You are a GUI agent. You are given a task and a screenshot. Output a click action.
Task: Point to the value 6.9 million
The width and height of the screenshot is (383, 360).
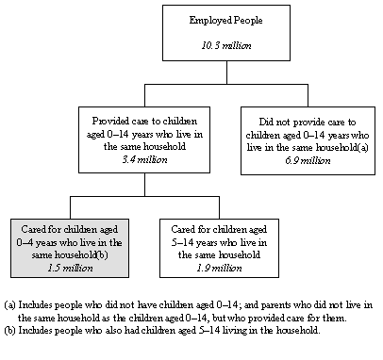pos(309,160)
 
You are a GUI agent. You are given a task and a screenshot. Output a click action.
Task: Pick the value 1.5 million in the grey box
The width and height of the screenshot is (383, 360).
pos(64,269)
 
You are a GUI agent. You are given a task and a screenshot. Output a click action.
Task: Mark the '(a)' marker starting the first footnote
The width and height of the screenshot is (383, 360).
pos(10,303)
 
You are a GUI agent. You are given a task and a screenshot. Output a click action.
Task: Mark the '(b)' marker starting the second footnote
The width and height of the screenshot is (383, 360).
pos(10,330)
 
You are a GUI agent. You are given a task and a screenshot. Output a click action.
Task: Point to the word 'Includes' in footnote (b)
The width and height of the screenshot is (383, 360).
pos(37,330)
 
